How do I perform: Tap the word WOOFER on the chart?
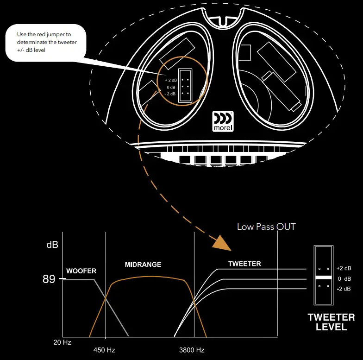[81, 271]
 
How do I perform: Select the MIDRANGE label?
[143, 265]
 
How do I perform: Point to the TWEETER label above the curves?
[244, 264]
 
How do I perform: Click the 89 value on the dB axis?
[49, 279]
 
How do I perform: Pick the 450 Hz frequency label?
[104, 350]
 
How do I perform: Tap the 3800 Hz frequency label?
[192, 350]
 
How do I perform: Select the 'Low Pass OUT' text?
[266, 227]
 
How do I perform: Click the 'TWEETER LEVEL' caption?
[331, 322]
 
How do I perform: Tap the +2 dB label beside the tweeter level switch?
[344, 268]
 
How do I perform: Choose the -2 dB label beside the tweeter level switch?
[344, 289]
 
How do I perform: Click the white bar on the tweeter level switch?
[323, 277]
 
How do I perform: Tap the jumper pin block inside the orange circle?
[185, 86]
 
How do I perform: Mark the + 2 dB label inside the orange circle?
[171, 80]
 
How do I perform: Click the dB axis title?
[52, 245]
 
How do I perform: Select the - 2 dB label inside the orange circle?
[170, 94]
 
